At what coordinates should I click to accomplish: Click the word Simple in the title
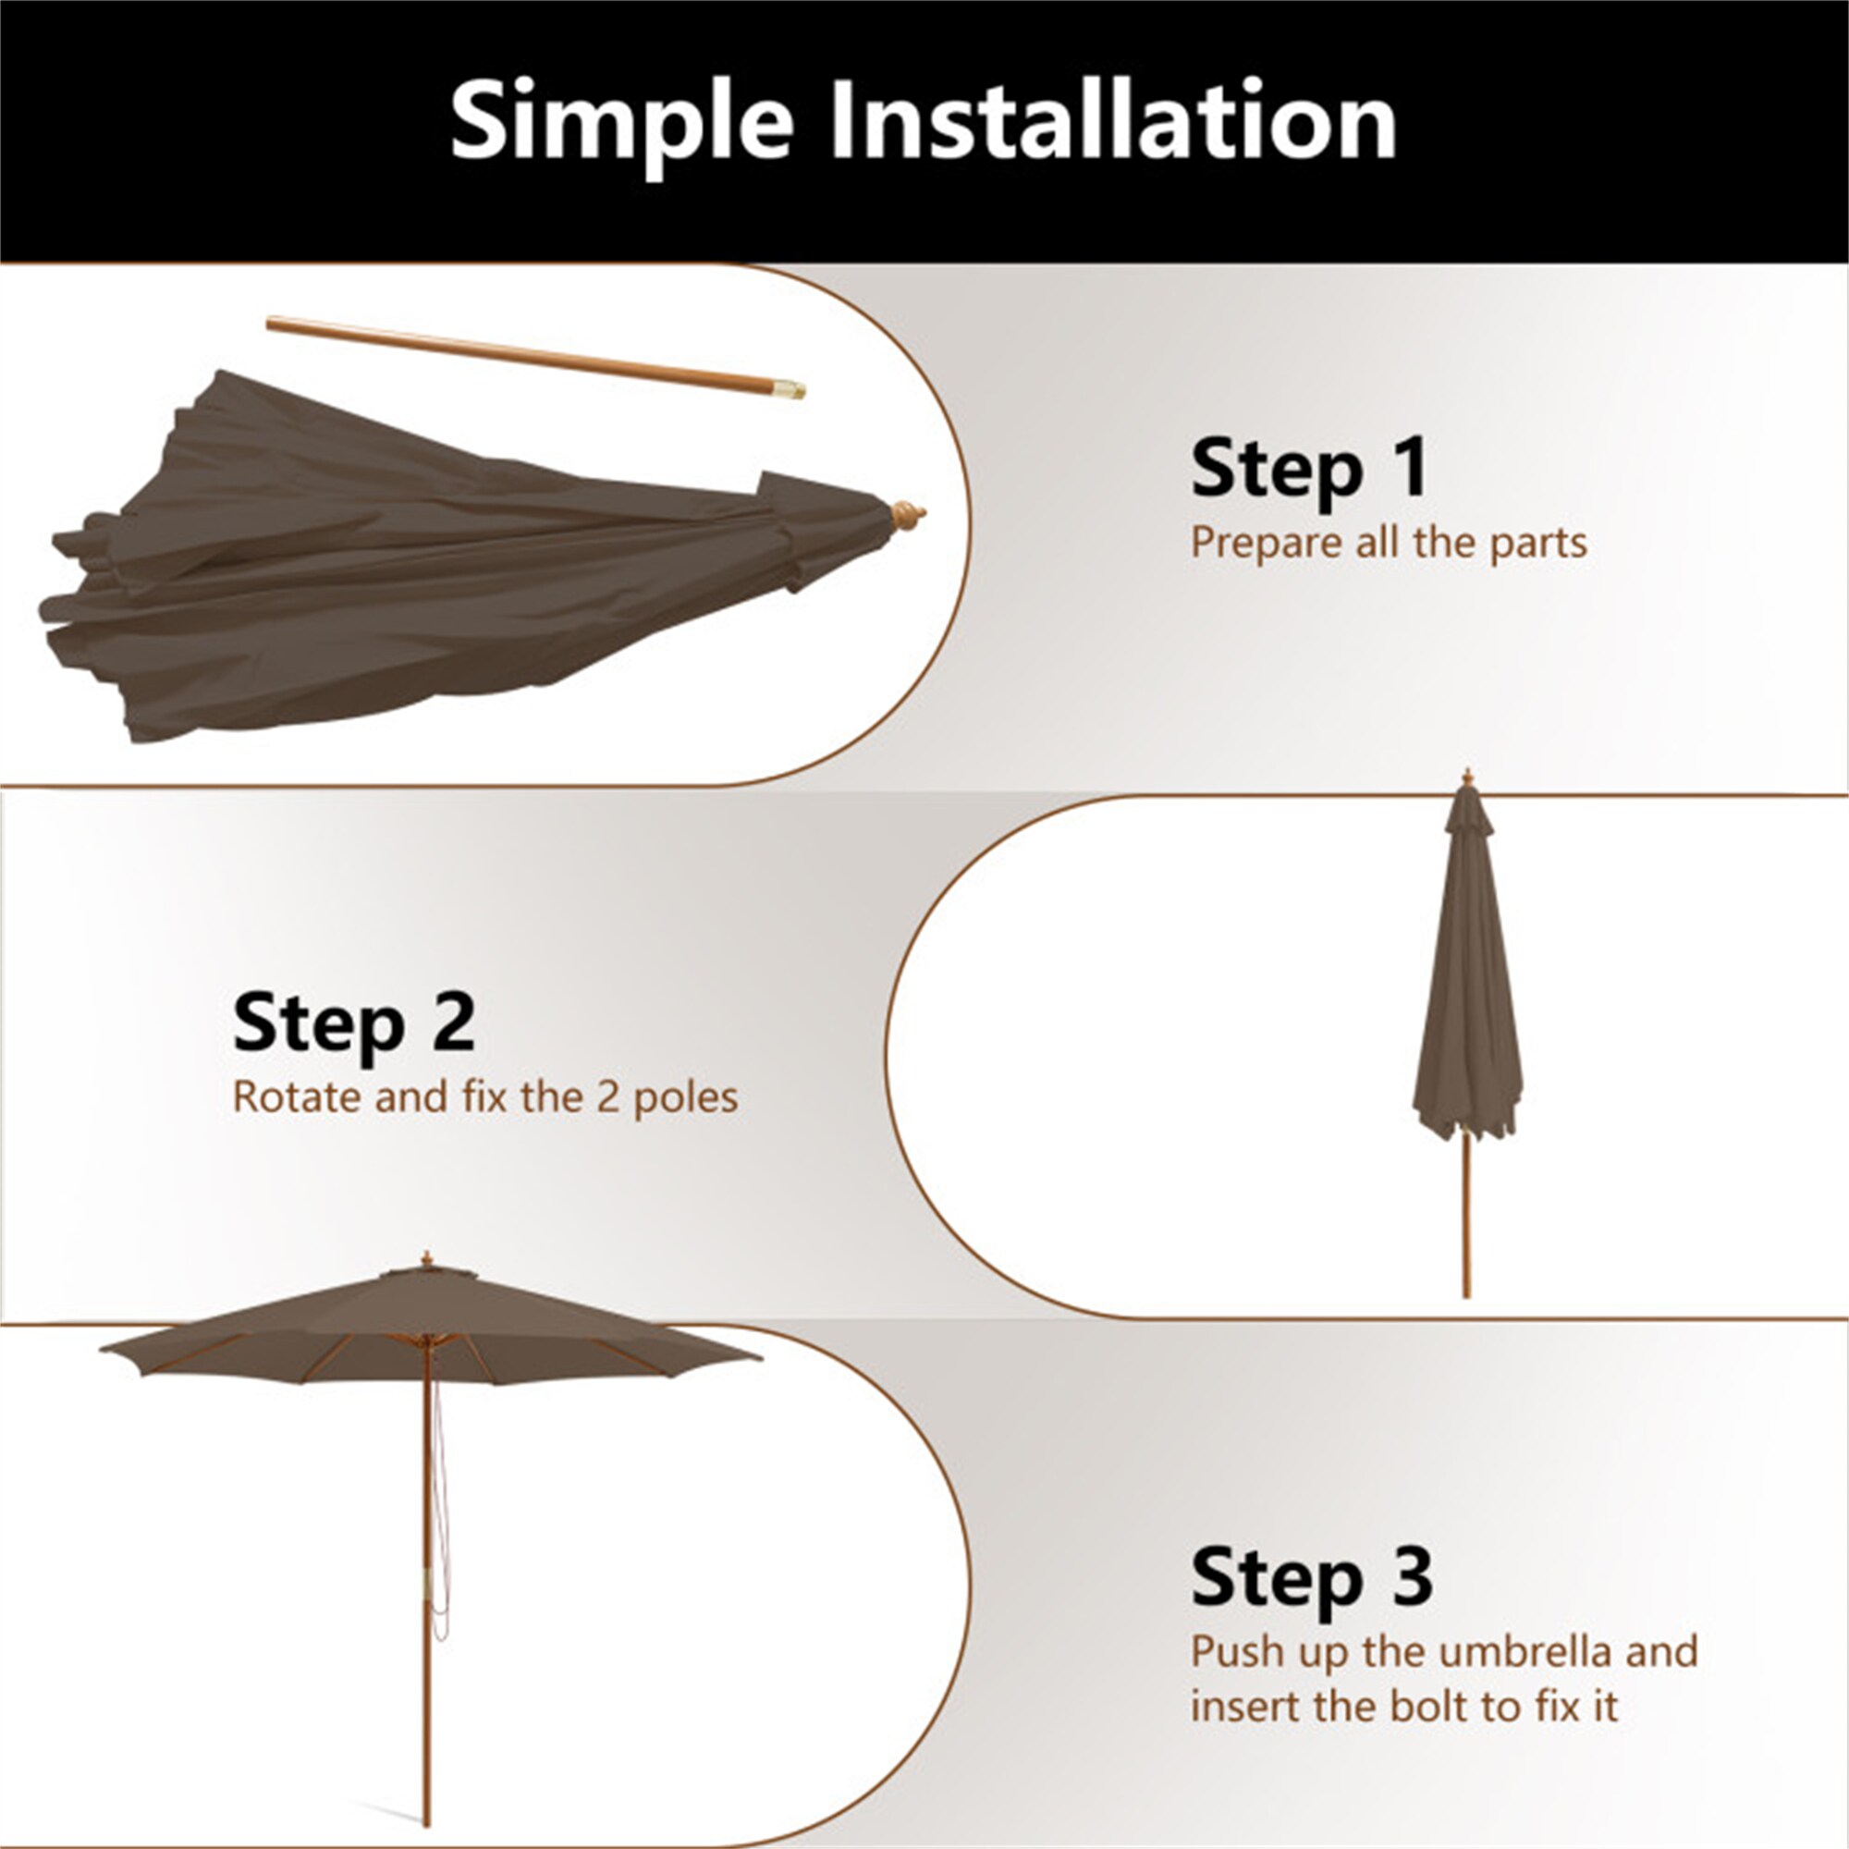pos(622,121)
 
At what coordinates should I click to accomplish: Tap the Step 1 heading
pos(1309,468)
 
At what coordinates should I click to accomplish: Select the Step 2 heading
pos(353,1023)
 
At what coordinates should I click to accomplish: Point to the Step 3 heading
pos(1311,1576)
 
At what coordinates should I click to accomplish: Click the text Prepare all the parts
pos(1389,543)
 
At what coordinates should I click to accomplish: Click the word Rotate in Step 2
pos(292,1096)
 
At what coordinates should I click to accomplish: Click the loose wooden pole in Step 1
pos(517,354)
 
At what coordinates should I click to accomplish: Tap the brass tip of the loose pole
pos(790,388)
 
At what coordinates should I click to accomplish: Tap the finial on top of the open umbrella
pos(427,1259)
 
